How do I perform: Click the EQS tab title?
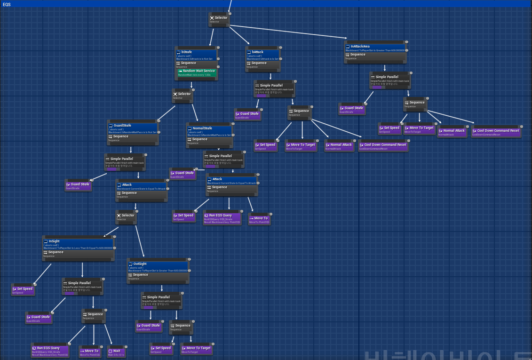(7, 4)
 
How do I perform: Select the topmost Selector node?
(219, 18)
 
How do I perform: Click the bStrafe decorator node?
(195, 54)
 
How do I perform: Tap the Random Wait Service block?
(197, 72)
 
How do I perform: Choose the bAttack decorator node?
(262, 54)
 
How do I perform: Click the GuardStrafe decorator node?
(132, 128)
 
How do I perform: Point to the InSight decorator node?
(78, 243)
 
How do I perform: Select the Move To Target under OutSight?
(196, 350)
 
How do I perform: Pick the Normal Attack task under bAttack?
(339, 146)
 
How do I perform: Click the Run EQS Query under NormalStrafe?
(222, 217)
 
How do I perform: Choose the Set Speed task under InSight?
(23, 290)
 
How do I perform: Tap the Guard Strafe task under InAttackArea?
(351, 110)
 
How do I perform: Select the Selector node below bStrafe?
(182, 96)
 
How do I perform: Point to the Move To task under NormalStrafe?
(259, 220)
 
